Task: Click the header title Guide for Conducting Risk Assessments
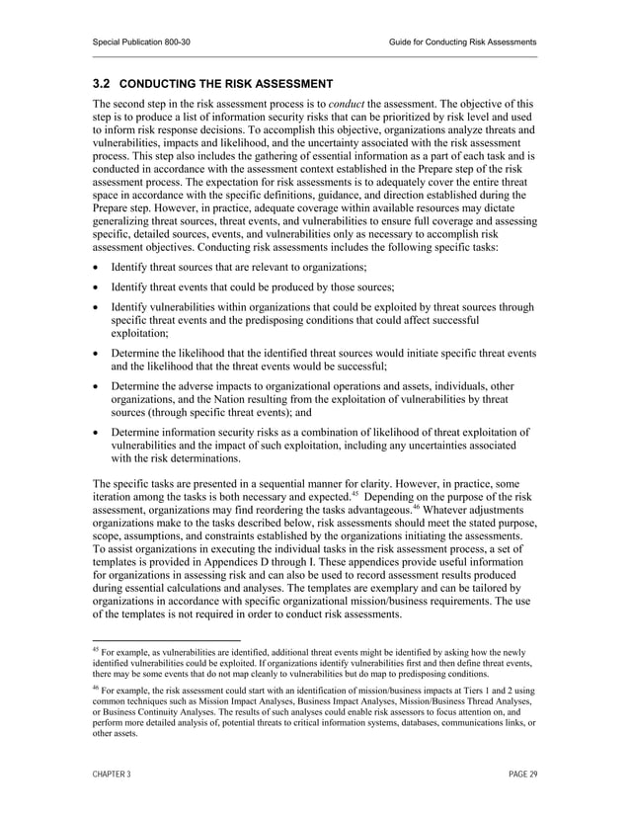pos(463,41)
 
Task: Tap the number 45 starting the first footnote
pos(96,650)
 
